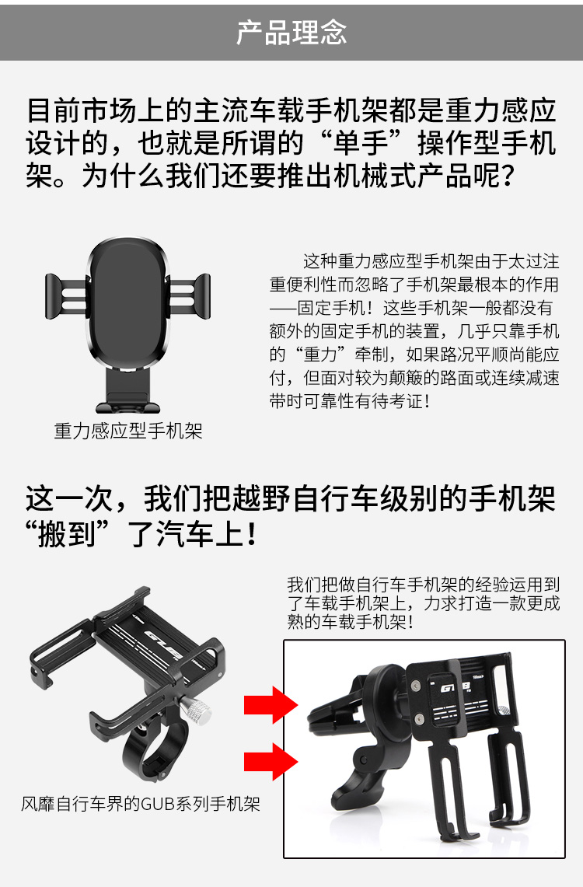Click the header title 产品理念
coord(291,32)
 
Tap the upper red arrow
coord(271,705)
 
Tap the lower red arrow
coord(271,761)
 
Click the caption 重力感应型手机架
coord(128,431)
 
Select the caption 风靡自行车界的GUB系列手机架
coord(141,803)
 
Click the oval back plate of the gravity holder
coord(128,303)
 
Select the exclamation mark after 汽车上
coord(252,533)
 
